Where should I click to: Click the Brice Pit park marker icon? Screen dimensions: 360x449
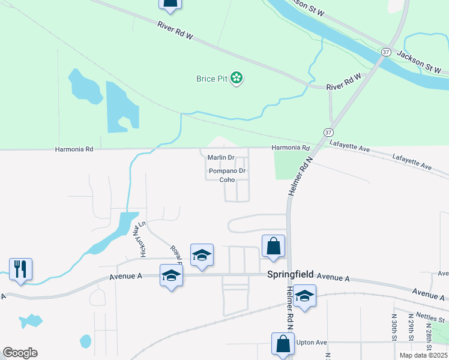coord(237,79)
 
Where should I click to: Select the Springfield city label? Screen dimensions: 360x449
coord(290,274)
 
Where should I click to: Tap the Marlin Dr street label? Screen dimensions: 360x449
coord(220,158)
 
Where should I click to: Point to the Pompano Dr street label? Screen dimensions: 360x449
coord(227,171)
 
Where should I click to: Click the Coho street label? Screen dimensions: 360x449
coord(227,179)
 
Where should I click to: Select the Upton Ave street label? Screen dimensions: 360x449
coord(312,342)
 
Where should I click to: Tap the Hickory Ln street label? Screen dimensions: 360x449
coord(143,239)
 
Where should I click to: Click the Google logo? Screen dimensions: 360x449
coord(20,353)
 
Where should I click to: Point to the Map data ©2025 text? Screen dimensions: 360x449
coord(423,355)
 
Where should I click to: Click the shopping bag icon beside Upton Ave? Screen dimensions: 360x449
coord(283,344)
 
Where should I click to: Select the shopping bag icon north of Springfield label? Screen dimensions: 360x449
coord(273,246)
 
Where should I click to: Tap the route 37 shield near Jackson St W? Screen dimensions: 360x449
coord(387,53)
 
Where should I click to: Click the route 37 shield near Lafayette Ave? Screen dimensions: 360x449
coord(328,131)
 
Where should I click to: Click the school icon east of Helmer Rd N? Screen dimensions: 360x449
coord(305,296)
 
